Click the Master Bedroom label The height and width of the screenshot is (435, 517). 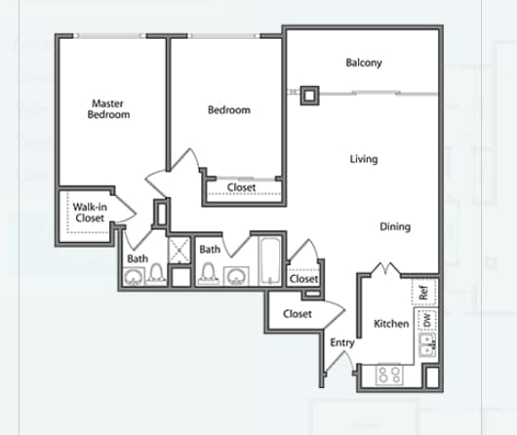point(108,109)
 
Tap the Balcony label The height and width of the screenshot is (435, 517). point(364,62)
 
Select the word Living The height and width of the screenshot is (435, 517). point(364,159)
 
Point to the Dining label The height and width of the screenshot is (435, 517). point(395,227)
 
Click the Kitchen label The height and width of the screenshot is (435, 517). point(391,324)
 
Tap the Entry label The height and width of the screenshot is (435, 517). point(342,343)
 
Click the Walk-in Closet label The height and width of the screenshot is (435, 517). point(90,213)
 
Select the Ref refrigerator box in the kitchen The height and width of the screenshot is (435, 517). point(424,293)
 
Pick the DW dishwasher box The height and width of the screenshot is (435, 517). point(426,319)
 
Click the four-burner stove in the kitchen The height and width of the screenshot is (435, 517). point(389,375)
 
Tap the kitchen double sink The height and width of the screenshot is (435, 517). point(427,345)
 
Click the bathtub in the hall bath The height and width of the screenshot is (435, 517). point(270,260)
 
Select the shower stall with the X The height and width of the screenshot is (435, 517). point(179,250)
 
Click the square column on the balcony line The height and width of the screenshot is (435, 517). point(309,96)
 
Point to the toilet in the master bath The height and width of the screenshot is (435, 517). point(156,274)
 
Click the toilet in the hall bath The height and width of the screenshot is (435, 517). point(208,274)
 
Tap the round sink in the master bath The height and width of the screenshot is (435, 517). point(134,277)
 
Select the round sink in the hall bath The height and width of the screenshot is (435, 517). point(236,277)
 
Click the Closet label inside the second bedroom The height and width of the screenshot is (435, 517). point(241,187)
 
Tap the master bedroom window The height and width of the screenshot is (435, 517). point(109,36)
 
